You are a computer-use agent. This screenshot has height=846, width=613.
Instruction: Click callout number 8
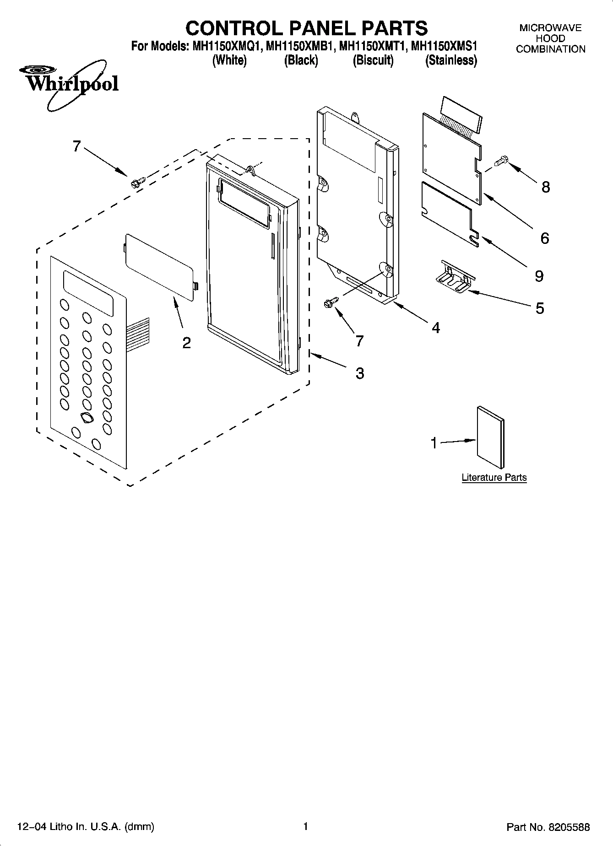click(545, 187)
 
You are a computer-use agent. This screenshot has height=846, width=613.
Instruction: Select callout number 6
click(544, 238)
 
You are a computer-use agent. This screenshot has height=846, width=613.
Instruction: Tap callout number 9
click(539, 276)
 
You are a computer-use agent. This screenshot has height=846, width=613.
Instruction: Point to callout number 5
click(540, 308)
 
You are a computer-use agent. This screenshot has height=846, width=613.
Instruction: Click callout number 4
click(435, 328)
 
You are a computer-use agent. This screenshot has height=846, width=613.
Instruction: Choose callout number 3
click(360, 374)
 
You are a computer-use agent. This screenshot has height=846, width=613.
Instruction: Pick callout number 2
click(186, 343)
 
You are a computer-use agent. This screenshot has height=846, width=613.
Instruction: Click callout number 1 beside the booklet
click(434, 443)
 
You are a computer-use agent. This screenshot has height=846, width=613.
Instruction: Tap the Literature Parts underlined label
click(494, 478)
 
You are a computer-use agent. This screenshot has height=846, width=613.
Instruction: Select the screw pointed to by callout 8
click(502, 161)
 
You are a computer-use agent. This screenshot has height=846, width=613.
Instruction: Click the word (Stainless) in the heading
click(451, 60)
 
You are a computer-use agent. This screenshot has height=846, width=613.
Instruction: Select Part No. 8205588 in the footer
click(548, 827)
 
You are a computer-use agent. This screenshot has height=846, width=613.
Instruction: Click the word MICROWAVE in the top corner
click(550, 28)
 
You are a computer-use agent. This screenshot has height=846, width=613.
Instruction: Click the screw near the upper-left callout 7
click(137, 182)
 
